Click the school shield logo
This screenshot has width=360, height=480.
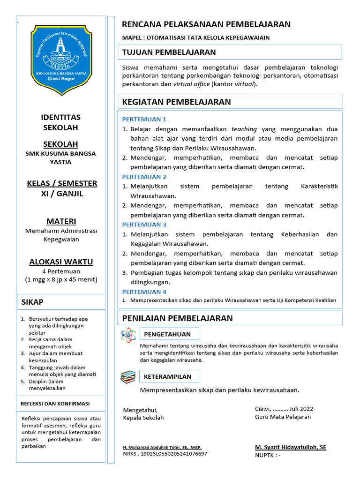62,59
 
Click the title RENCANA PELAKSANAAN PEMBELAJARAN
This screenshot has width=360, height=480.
206,24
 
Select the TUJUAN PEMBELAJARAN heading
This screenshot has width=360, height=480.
169,52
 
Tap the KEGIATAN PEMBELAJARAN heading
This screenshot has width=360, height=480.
176,102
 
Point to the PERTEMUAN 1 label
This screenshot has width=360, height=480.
144,119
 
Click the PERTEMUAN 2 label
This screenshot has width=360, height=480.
144,177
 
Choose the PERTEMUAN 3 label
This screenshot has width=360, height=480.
144,225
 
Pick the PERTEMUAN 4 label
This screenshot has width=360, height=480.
144,292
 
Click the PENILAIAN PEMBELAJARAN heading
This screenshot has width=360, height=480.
177,318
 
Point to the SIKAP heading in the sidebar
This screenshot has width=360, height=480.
32,302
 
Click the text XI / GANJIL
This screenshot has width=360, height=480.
62,194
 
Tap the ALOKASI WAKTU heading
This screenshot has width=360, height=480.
61,262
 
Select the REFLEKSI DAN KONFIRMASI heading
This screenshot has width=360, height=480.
55,404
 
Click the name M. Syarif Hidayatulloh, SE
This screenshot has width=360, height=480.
291,447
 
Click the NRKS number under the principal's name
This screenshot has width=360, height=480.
165,454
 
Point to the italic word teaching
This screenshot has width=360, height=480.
244,129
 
